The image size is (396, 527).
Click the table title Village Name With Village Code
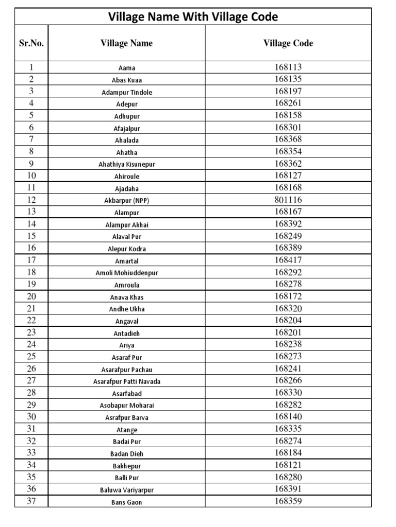coord(193,17)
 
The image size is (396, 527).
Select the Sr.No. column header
coord(31,43)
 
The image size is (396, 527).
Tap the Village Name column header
coord(126,43)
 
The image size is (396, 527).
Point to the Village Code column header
coord(288,43)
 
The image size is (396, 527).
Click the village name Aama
coord(126,68)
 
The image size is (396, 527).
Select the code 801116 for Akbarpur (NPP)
coord(288,200)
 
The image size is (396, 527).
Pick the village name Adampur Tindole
coord(126,92)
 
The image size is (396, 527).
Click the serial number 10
coord(31,175)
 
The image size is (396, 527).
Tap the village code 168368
coord(288,139)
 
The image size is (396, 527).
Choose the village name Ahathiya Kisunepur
coord(126,164)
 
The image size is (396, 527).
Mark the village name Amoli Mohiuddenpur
coord(126,273)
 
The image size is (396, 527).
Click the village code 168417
coord(288,260)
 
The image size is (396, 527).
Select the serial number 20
coord(31,296)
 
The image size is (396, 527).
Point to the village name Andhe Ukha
coord(126,309)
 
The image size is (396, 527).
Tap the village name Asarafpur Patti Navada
coord(126,381)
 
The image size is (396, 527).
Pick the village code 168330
coord(288,393)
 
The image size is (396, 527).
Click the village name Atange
coord(126,430)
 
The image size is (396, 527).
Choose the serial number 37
coord(31,501)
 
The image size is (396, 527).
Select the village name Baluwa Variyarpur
coord(126,490)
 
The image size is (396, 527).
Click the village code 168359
coord(288,501)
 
